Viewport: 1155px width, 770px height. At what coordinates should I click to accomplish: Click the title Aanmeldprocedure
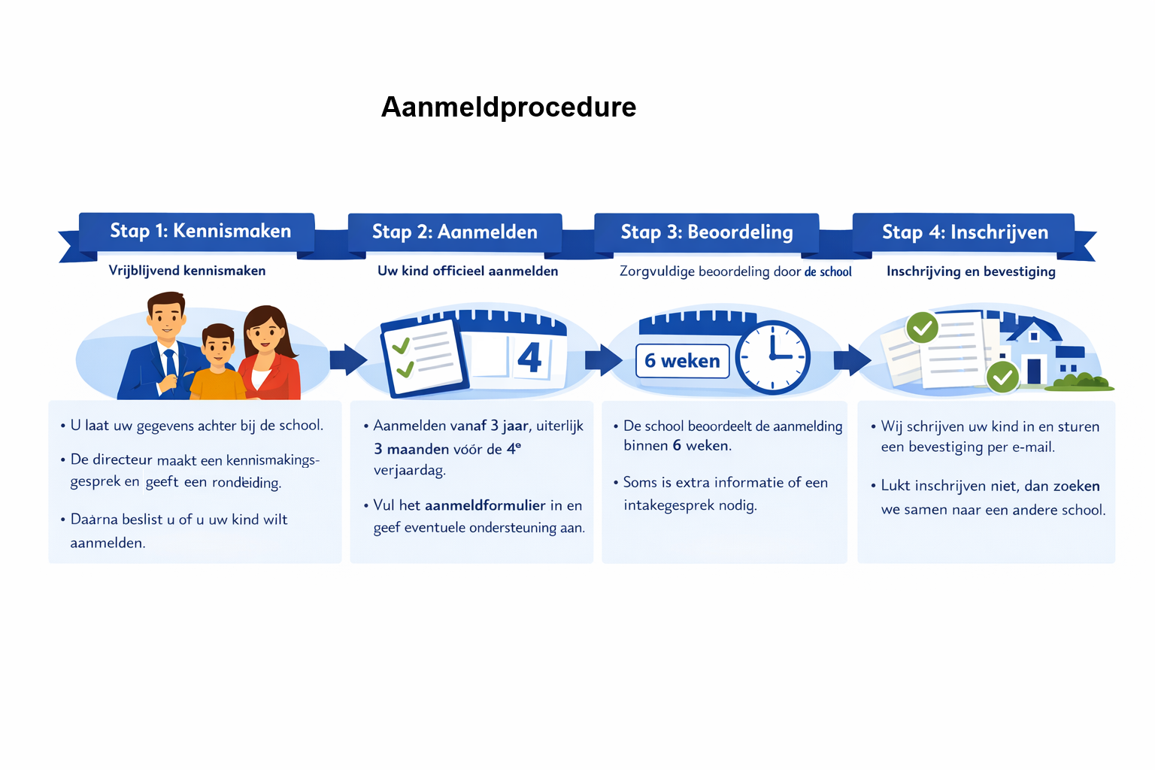click(508, 107)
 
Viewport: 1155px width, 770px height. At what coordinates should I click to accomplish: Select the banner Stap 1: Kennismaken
click(199, 231)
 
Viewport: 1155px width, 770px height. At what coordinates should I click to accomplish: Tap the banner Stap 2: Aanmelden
click(454, 232)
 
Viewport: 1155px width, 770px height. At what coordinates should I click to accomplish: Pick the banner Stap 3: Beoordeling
click(706, 232)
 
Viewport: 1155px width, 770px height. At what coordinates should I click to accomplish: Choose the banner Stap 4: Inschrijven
click(964, 232)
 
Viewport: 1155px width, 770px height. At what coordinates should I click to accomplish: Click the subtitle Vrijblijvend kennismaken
click(187, 271)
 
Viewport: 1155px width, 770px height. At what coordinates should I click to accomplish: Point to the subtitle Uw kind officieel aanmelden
click(468, 271)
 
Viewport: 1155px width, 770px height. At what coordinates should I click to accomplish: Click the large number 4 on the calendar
click(529, 358)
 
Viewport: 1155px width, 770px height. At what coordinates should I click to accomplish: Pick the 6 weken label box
click(682, 361)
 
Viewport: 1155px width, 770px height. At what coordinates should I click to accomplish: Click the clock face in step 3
click(772, 357)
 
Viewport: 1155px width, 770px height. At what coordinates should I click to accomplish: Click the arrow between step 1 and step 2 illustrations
click(347, 359)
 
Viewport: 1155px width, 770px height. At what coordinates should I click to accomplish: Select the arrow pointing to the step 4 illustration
click(852, 359)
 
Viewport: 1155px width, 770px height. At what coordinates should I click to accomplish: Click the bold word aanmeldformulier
click(485, 505)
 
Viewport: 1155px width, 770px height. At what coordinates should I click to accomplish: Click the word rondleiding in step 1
click(246, 483)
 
